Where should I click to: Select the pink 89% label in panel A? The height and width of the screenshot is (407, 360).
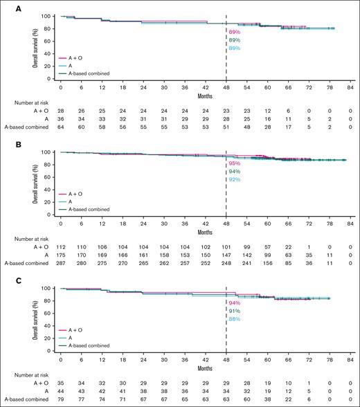(234, 32)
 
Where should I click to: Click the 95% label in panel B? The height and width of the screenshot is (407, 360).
(234, 164)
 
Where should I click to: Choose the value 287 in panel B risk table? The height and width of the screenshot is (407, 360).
(61, 263)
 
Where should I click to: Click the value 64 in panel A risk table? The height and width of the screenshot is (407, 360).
(61, 127)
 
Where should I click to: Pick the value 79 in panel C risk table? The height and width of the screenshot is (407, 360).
(61, 399)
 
